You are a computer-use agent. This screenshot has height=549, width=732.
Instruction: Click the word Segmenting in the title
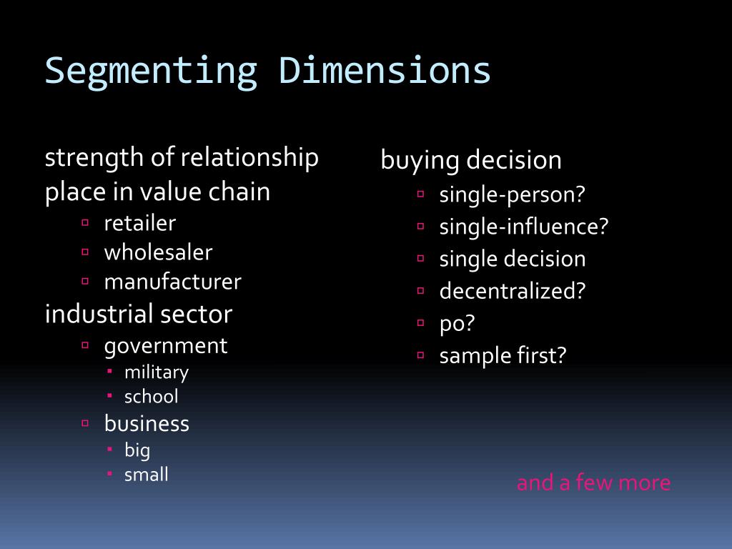[150, 71]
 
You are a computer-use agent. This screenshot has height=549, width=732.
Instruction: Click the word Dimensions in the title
[385, 71]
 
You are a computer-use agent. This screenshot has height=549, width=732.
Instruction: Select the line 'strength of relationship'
[182, 158]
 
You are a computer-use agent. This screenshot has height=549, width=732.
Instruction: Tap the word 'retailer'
[139, 223]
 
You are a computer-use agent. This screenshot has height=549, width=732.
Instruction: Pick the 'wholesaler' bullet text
[158, 252]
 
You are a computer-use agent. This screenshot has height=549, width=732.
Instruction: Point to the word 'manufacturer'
[172, 282]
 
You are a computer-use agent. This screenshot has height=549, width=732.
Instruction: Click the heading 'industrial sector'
[139, 314]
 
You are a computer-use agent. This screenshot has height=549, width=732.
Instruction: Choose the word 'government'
[165, 346]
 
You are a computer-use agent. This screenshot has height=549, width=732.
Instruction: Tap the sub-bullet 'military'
[157, 372]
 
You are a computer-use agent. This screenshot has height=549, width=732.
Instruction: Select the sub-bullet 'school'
[151, 396]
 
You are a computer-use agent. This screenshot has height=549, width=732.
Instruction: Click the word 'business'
[147, 424]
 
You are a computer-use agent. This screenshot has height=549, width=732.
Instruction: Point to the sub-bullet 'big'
[137, 450]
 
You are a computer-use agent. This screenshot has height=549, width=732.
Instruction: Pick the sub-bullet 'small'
[146, 474]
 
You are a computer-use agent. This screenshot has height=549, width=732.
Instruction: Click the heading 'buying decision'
[471, 160]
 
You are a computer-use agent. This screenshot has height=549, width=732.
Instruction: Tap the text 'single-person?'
[512, 194]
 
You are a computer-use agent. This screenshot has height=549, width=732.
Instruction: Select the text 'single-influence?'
[523, 227]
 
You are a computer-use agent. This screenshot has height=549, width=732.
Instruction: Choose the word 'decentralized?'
[512, 291]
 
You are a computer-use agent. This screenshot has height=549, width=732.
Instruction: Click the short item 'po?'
[457, 323]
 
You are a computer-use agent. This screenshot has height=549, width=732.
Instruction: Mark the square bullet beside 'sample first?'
[421, 355]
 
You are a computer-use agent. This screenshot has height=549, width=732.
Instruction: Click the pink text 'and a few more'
[593, 483]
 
